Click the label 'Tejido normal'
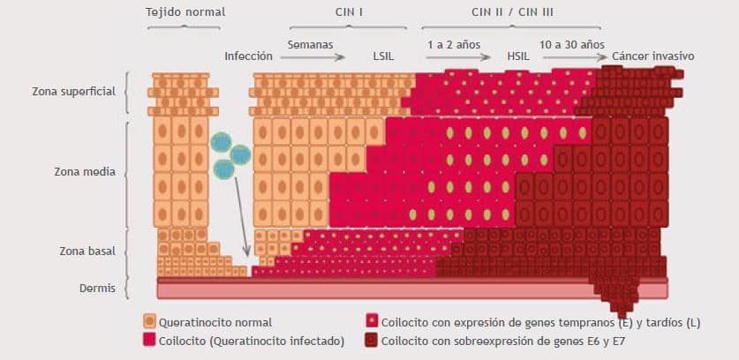click(185, 11)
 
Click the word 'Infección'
click(248, 56)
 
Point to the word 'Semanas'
click(310, 43)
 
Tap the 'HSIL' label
click(517, 56)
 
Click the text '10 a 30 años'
click(572, 43)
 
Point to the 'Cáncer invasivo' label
click(654, 56)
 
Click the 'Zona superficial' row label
click(73, 91)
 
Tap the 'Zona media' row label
click(86, 172)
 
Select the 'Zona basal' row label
click(86, 251)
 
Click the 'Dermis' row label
click(95, 286)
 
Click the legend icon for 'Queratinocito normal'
click(149, 322)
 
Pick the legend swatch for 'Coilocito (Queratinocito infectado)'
click(149, 340)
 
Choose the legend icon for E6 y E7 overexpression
click(373, 340)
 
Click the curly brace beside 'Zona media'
click(130, 172)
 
